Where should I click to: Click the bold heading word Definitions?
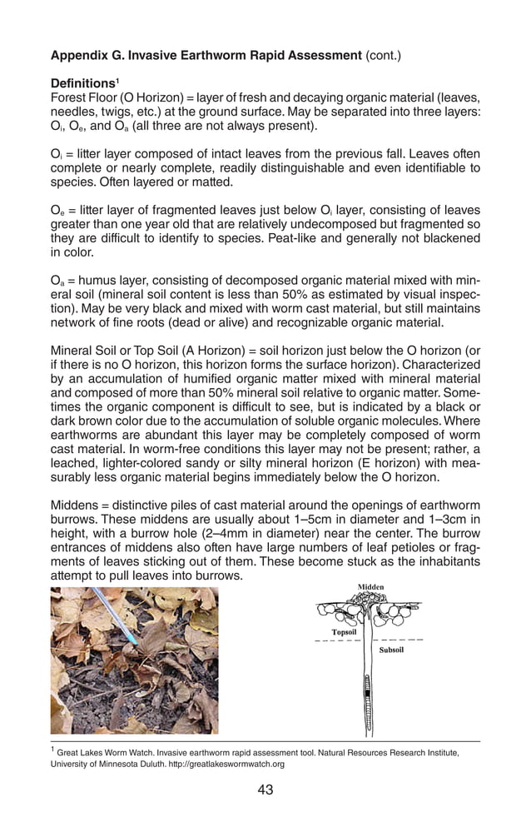pos(82,84)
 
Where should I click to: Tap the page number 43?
pos(265,790)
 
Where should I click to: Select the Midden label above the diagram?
pos(370,587)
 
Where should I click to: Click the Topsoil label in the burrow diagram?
pos(345,632)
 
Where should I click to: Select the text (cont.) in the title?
pos(383,56)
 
